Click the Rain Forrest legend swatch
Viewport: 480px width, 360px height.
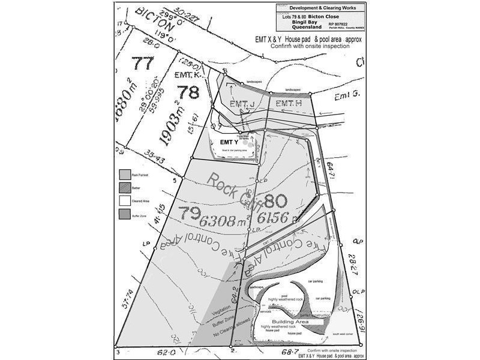click(124, 173)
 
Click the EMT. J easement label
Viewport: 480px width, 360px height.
click(238, 104)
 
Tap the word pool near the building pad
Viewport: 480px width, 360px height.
click(284, 295)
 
